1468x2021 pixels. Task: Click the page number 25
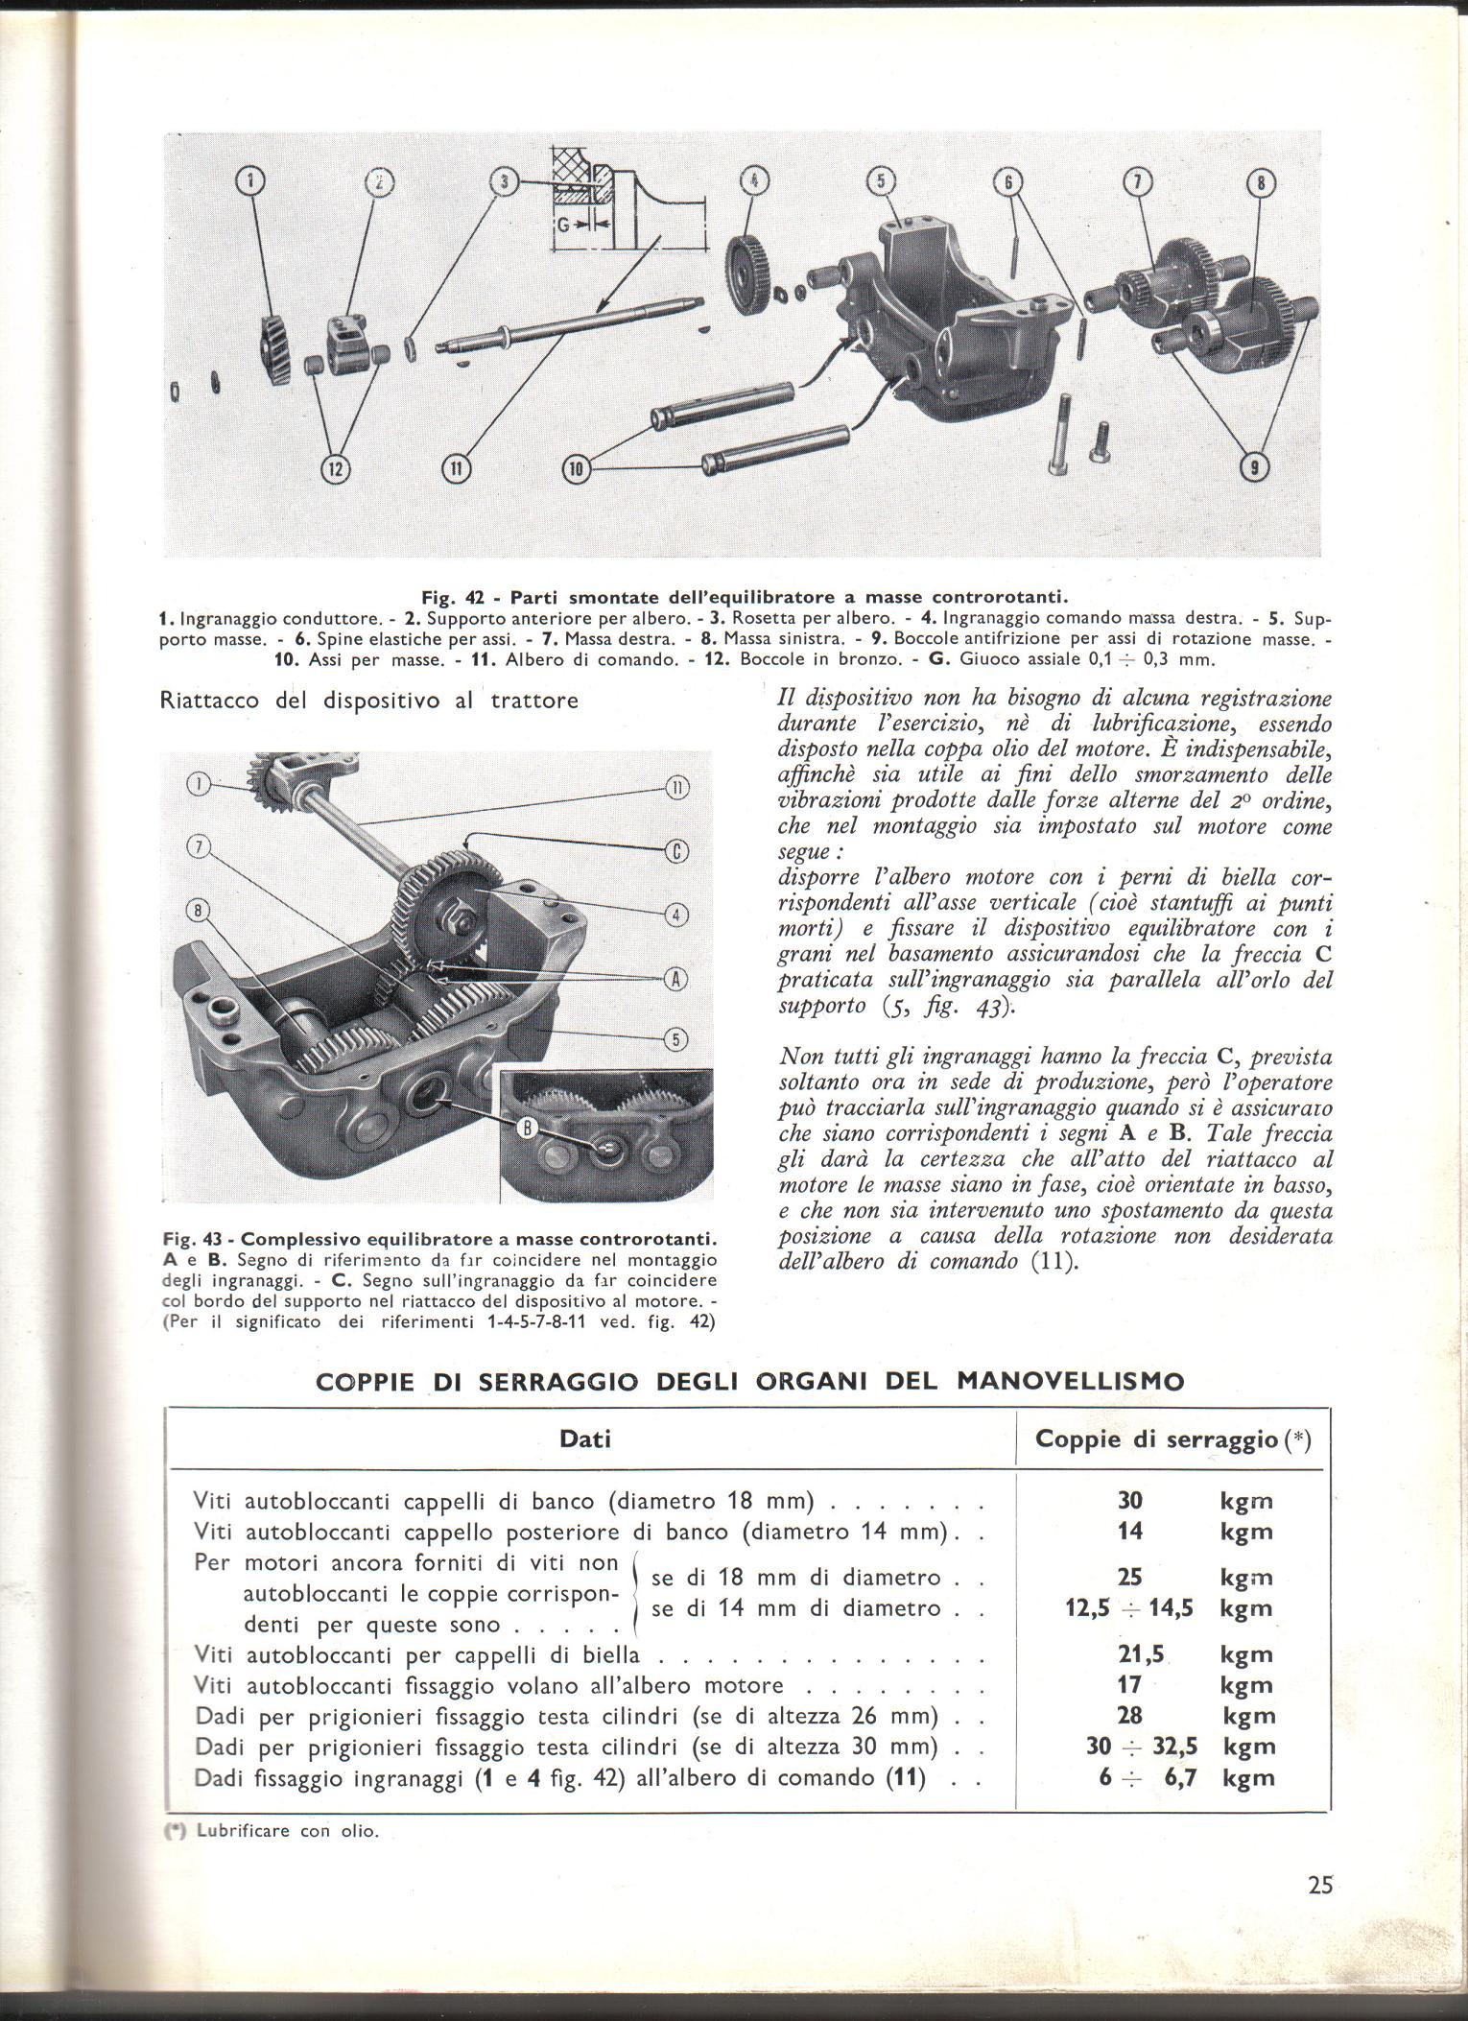point(1319,1885)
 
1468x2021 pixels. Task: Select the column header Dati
point(585,1439)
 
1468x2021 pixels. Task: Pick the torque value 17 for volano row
point(1130,1684)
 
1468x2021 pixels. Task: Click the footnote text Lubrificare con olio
point(288,1830)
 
